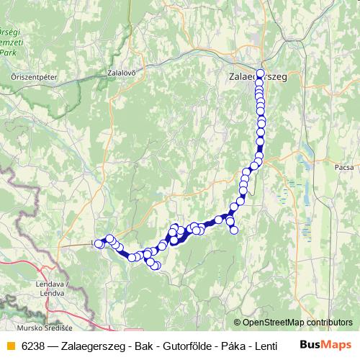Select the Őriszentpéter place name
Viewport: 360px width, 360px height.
tap(30, 76)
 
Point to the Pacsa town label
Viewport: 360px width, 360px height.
tap(344, 167)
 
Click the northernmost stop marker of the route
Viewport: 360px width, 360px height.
tap(260, 73)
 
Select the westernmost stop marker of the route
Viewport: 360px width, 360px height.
tap(99, 244)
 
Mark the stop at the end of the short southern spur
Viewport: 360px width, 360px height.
tap(233, 230)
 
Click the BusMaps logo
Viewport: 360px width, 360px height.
tap(326, 346)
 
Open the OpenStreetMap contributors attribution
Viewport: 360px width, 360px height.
tap(297, 323)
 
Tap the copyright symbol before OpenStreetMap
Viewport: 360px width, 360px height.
tap(238, 323)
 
